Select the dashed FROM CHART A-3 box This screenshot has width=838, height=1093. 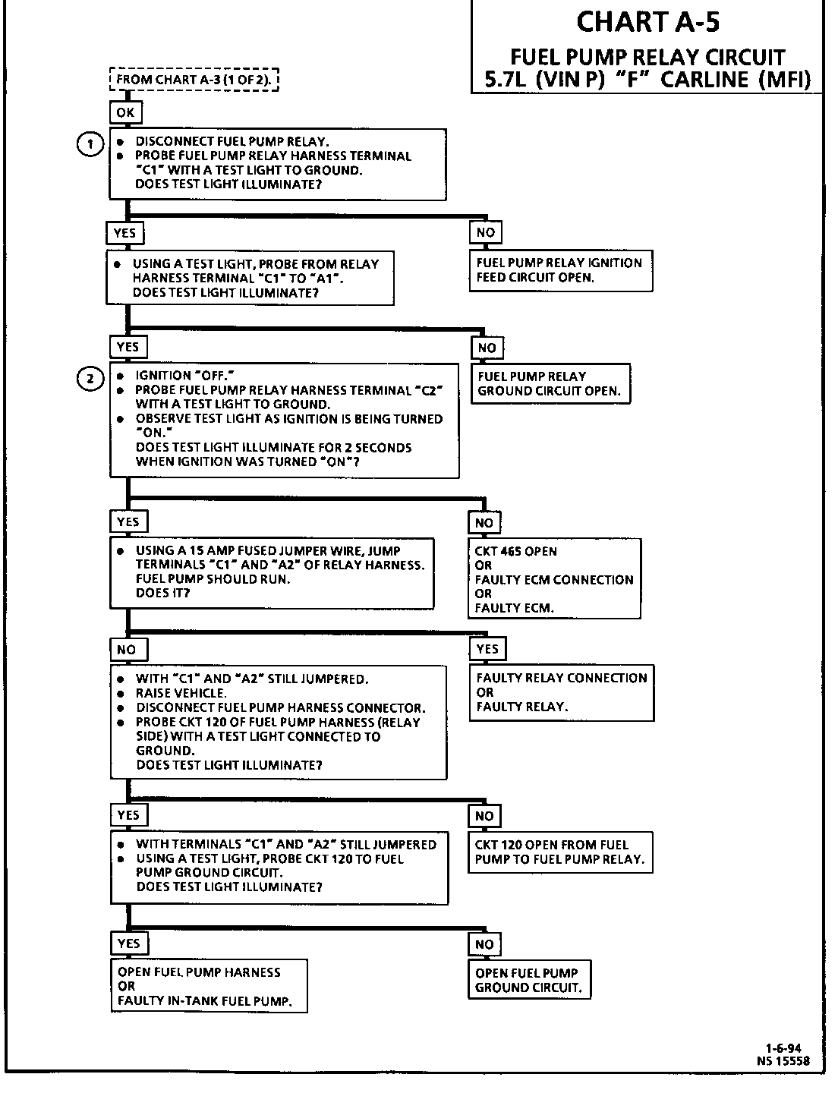(x=195, y=80)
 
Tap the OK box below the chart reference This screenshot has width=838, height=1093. (x=125, y=113)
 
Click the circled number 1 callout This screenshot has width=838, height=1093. (x=90, y=144)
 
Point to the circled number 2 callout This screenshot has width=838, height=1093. (x=90, y=379)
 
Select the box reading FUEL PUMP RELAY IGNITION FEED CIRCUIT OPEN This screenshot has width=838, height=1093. (x=560, y=270)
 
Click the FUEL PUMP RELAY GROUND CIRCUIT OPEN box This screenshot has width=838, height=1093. (x=550, y=384)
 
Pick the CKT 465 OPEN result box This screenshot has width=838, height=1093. (x=554, y=579)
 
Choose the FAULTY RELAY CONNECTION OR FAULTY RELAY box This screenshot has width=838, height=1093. (x=562, y=692)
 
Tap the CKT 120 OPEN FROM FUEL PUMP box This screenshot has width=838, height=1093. (x=560, y=852)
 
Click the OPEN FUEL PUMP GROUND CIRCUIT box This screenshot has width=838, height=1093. (x=529, y=980)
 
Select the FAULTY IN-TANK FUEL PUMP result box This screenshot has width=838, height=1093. (x=209, y=986)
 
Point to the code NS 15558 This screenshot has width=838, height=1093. (x=783, y=1061)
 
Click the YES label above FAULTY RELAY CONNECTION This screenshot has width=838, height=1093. (x=487, y=649)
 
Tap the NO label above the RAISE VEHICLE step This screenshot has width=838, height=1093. (x=127, y=650)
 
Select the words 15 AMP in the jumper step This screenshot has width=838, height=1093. (x=211, y=551)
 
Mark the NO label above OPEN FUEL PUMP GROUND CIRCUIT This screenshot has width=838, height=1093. (x=484, y=944)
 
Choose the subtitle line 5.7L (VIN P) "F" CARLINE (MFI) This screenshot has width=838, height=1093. (x=647, y=80)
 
